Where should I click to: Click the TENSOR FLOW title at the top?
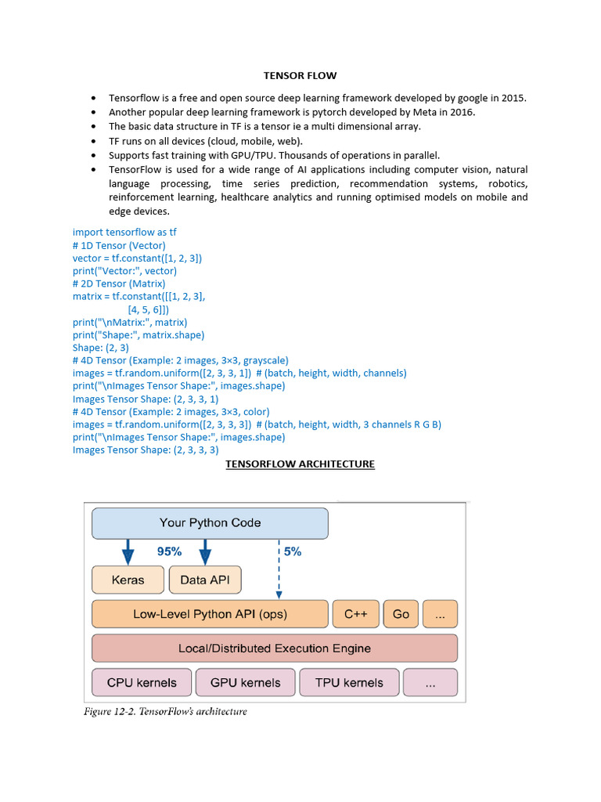pos(300,76)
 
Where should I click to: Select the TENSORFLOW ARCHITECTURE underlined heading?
pos(300,464)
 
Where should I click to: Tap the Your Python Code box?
pos(210,523)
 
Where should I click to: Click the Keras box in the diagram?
pos(128,580)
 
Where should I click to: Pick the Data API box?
pos(205,580)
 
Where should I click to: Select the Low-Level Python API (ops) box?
pos(210,614)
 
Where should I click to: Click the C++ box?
pos(355,614)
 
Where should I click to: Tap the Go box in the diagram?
pos(401,614)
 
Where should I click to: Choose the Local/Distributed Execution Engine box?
pos(274,648)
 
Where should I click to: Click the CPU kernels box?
pos(142,682)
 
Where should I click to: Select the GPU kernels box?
pos(245,682)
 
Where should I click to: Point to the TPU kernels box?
pos(349,682)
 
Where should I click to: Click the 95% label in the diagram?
pos(169,551)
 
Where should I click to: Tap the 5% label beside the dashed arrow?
pos(292,551)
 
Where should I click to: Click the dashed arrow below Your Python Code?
pos(279,568)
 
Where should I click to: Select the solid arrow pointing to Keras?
pos(128,551)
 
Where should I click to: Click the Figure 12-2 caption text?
pos(165,712)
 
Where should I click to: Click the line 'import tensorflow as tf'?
pos(124,233)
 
